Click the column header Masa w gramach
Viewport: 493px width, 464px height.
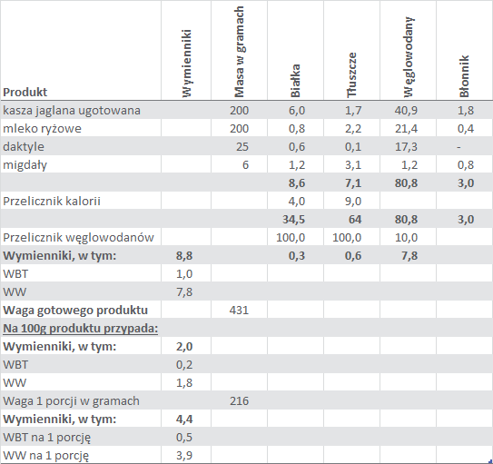coord(239,52)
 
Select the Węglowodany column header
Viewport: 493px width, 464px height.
coord(408,56)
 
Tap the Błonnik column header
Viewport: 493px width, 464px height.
coord(464,76)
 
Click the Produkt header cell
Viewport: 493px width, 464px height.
coord(25,92)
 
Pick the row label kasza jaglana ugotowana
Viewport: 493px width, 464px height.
coord(72,111)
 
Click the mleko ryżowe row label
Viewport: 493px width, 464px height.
coord(42,129)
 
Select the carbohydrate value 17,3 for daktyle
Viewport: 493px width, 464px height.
coord(406,147)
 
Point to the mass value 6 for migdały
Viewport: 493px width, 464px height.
coord(245,165)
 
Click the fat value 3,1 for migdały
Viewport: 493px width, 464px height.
coord(353,165)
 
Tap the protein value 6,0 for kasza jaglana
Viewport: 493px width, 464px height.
coord(297,111)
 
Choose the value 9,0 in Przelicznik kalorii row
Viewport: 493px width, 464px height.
coord(353,202)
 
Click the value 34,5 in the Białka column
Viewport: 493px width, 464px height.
coord(293,220)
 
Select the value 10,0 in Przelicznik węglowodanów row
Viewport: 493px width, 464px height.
coord(406,238)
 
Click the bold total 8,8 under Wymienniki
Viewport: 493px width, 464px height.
coord(184,256)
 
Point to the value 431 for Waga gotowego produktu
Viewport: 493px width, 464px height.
coord(239,311)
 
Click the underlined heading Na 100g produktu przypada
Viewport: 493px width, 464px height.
coord(81,329)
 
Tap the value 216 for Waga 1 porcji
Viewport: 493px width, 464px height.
coord(239,401)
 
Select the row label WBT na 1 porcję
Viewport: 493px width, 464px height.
coord(47,438)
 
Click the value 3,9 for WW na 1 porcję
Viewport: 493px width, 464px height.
coord(184,456)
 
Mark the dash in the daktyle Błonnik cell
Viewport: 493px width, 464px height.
coord(458,147)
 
